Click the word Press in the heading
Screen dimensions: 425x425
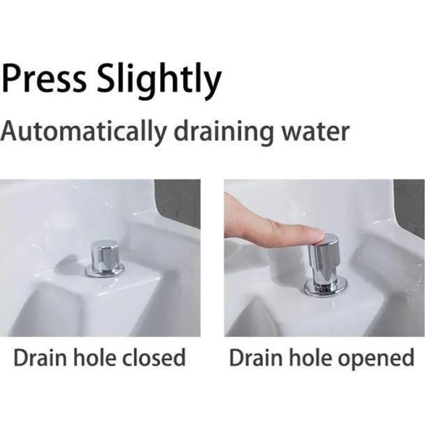point(44,78)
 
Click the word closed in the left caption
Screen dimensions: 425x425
point(153,357)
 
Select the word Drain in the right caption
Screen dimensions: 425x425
point(256,358)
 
